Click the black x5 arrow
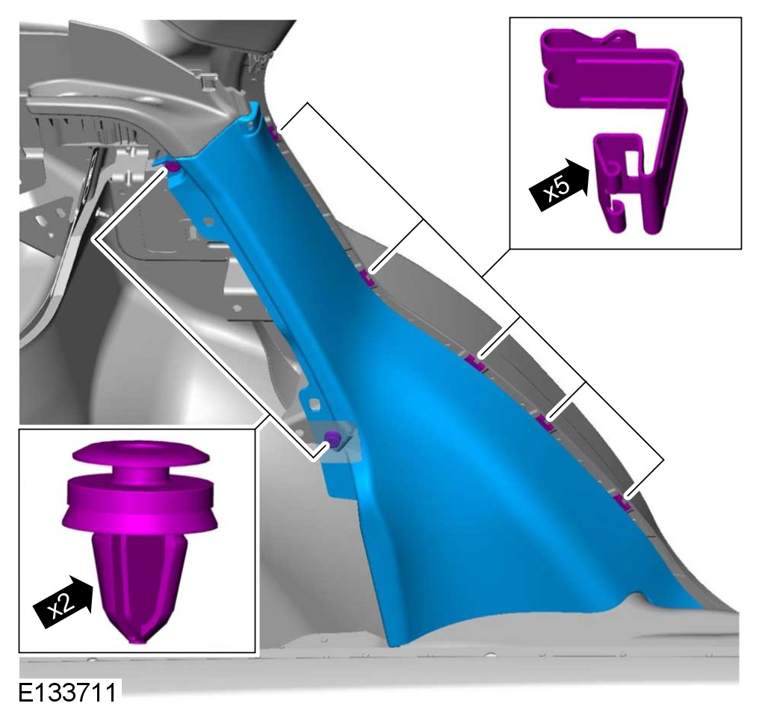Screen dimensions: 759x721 point(559,185)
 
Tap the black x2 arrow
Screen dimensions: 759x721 point(63,602)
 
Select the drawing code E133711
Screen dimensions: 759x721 point(67,693)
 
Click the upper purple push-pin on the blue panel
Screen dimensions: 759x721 point(173,167)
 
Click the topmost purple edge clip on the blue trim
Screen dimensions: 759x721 point(275,133)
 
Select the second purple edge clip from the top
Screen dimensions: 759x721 point(368,277)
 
